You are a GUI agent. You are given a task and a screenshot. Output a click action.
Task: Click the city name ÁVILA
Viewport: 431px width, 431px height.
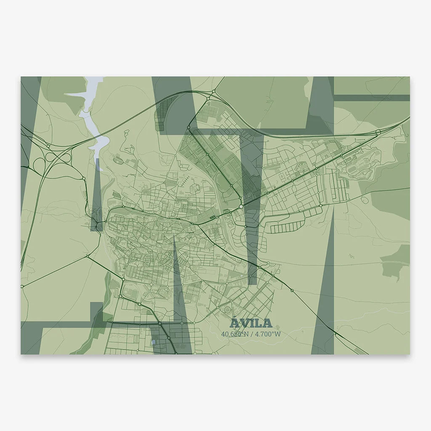[x=251, y=323]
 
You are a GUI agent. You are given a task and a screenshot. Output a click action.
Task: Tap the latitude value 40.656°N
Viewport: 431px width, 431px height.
[x=235, y=334]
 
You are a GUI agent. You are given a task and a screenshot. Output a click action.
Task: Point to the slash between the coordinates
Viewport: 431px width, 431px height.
[x=251, y=334]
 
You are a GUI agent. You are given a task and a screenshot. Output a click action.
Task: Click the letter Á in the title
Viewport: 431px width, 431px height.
[x=235, y=323]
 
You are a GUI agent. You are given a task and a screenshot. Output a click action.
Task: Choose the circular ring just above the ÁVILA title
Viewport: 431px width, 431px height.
[x=228, y=310]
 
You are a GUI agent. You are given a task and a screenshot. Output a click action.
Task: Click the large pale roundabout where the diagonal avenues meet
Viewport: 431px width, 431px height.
[x=241, y=207]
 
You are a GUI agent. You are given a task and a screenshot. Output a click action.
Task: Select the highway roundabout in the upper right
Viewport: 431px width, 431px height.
[x=378, y=132]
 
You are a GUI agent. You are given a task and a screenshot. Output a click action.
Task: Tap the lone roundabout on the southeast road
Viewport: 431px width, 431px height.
[x=292, y=290]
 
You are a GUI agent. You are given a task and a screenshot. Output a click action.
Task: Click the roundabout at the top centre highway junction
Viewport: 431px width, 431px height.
[x=214, y=91]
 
